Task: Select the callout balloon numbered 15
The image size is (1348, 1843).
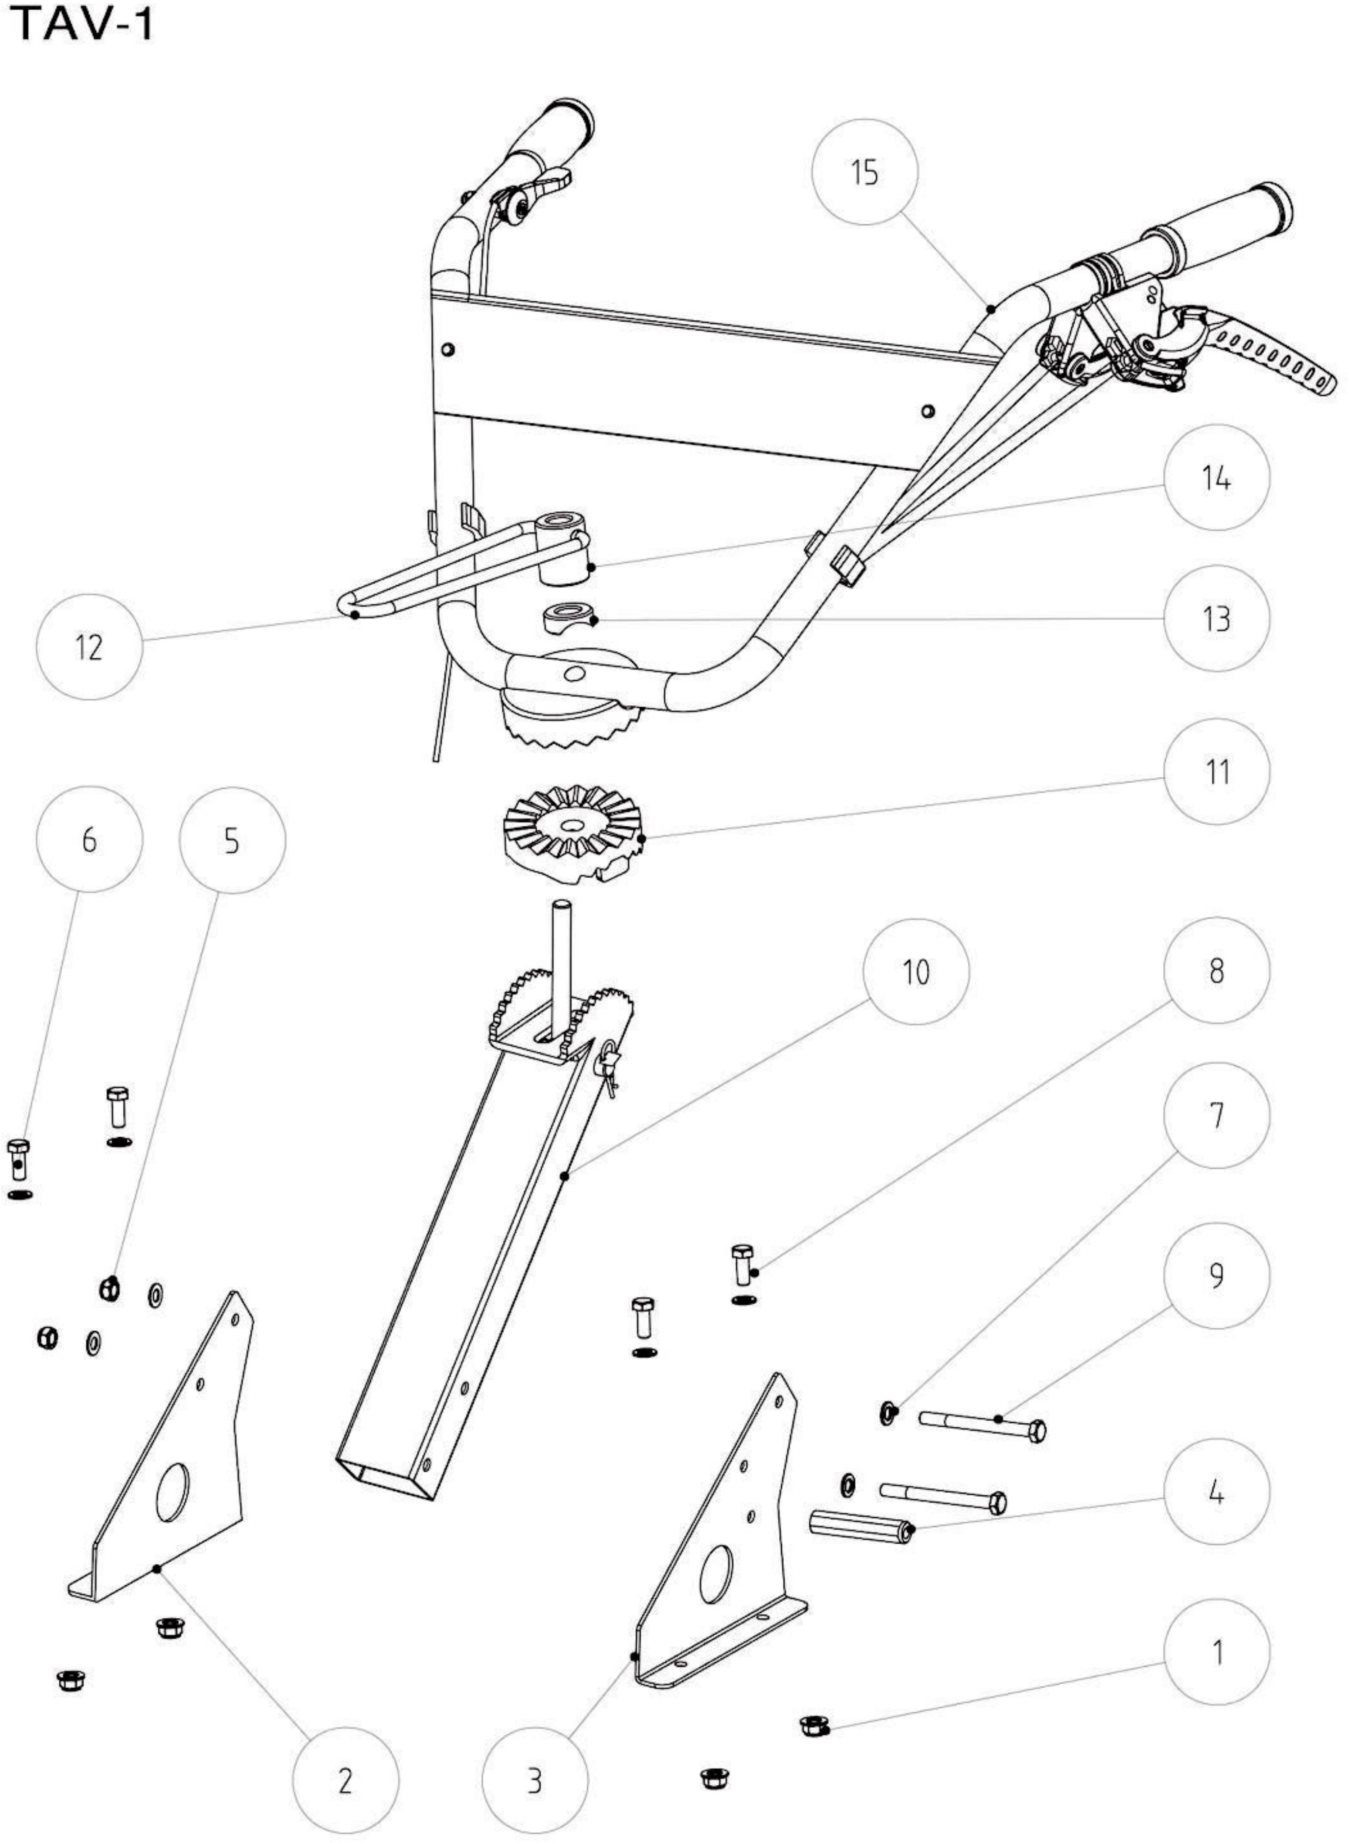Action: click(865, 171)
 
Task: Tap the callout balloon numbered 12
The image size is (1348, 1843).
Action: click(90, 647)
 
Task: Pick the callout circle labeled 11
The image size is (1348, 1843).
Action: click(1217, 771)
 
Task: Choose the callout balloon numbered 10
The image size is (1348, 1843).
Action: click(916, 972)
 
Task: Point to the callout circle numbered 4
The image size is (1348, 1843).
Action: click(1217, 1490)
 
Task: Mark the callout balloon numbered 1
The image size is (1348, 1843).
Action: click(1217, 1652)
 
